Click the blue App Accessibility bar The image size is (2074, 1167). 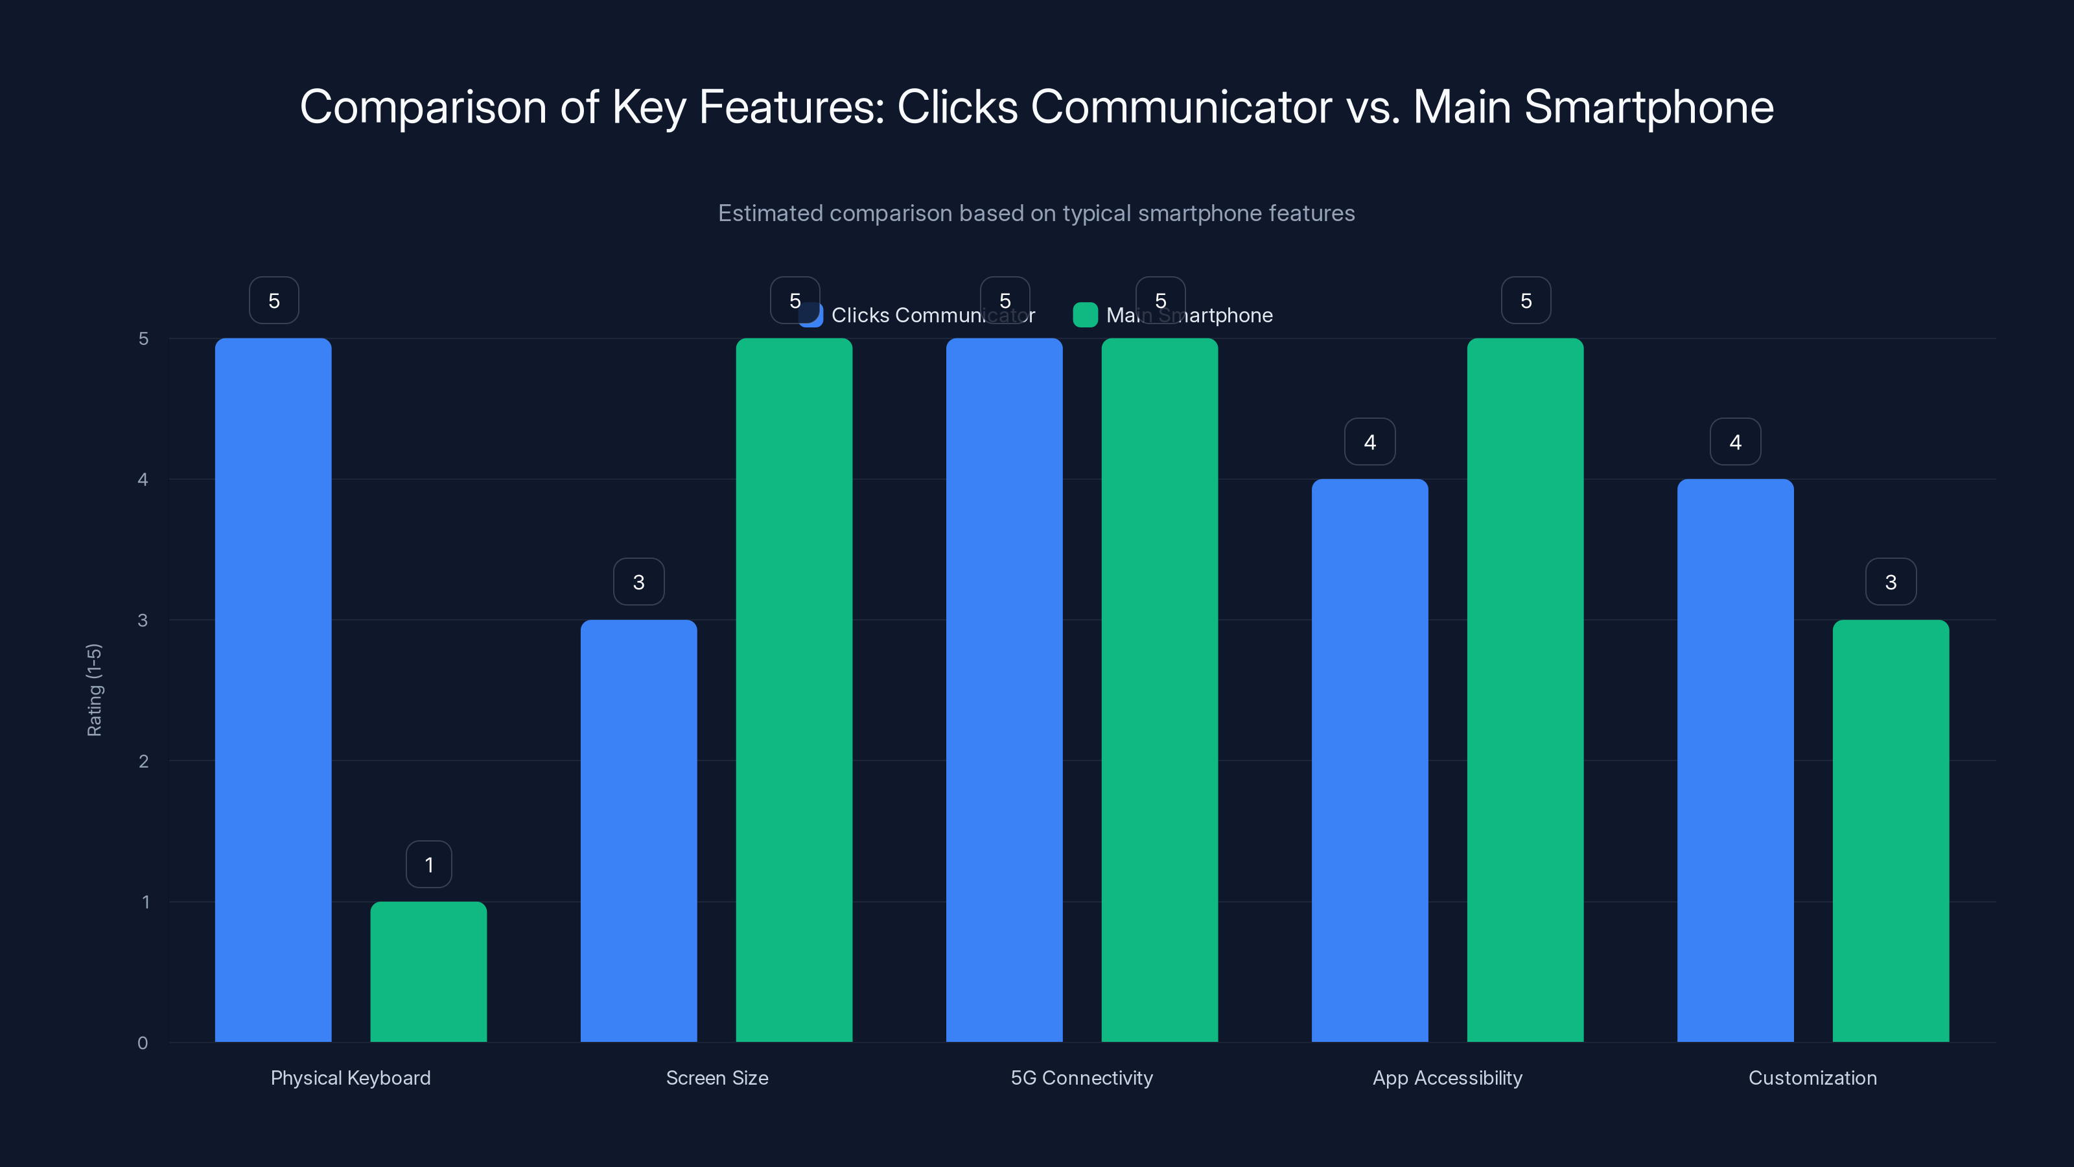pyautogui.click(x=1369, y=760)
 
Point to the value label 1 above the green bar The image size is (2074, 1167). pyautogui.click(x=428, y=864)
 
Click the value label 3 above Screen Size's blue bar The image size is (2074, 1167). pyautogui.click(x=638, y=582)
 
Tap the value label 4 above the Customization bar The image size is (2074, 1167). pyautogui.click(x=1735, y=442)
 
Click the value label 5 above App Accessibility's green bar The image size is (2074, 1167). pyautogui.click(x=1526, y=300)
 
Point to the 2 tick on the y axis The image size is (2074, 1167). pyautogui.click(x=143, y=761)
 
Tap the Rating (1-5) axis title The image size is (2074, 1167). pyautogui.click(x=94, y=689)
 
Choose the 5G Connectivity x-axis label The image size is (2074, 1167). pyautogui.click(x=1081, y=1078)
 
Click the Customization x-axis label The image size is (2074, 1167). pyautogui.click(x=1812, y=1078)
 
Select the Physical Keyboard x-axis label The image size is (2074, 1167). pyautogui.click(x=350, y=1078)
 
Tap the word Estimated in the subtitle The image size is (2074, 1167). pyautogui.click(x=770, y=213)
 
